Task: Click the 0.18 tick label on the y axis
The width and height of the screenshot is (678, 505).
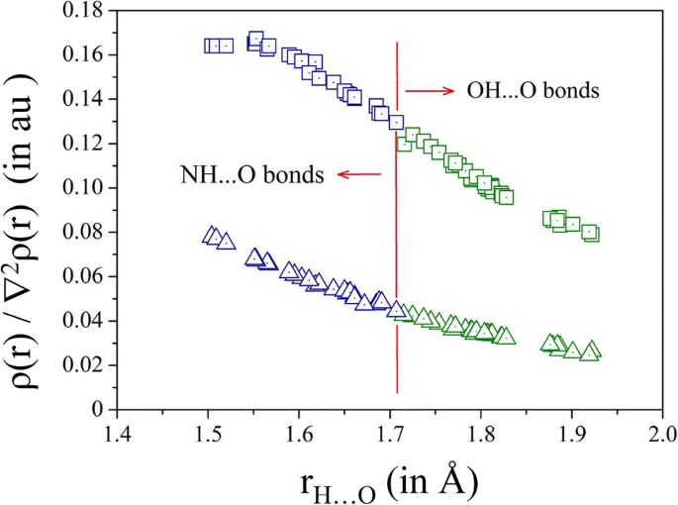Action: click(x=82, y=12)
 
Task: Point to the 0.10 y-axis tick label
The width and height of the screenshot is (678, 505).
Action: click(x=82, y=188)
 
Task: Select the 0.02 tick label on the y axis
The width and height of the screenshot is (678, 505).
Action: click(x=82, y=365)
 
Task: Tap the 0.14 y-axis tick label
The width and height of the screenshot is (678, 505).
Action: click(x=82, y=100)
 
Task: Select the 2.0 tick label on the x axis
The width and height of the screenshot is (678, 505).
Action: click(x=662, y=431)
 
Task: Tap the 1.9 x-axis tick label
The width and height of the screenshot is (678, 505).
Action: click(x=571, y=431)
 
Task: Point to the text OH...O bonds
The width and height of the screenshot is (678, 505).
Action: click(x=534, y=90)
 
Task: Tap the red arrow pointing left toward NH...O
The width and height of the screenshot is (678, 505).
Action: click(x=359, y=175)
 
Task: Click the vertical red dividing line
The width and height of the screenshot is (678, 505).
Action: click(x=397, y=297)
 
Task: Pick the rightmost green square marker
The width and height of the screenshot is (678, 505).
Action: click(x=592, y=234)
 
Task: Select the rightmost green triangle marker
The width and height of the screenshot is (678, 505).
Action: click(x=592, y=350)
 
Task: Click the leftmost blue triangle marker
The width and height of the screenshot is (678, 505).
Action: click(x=210, y=236)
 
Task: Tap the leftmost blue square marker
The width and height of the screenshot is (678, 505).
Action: click(x=212, y=46)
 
